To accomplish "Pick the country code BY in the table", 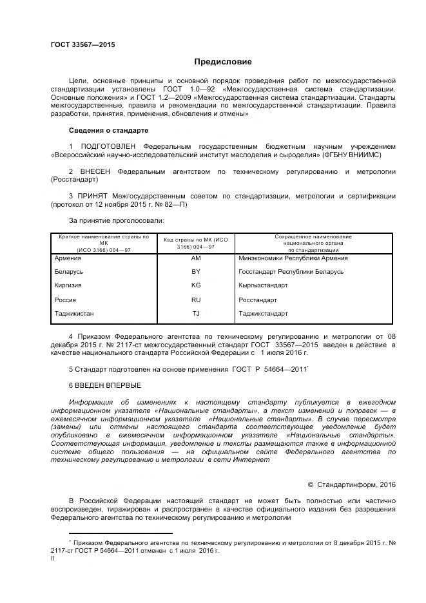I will click(196, 271).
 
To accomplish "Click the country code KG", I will click(196, 285).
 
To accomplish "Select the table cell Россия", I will click(66, 300).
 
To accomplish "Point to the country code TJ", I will click(196, 314).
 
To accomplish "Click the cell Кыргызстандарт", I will click(263, 285).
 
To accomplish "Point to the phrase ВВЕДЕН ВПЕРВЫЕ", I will click(104, 385).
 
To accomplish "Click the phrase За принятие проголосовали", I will click(108, 220).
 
